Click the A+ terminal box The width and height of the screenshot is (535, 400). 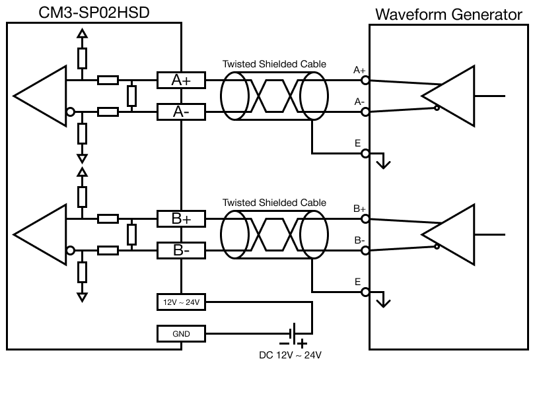pyautogui.click(x=180, y=81)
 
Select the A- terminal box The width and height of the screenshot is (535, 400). pyautogui.click(x=180, y=112)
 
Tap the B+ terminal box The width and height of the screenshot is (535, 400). pyautogui.click(x=180, y=218)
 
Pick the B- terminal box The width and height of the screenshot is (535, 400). pyautogui.click(x=180, y=250)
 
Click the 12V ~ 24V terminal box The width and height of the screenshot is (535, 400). pyautogui.click(x=180, y=302)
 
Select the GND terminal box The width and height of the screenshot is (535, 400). pyautogui.click(x=180, y=334)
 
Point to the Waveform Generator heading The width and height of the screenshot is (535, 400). pyautogui.click(x=448, y=15)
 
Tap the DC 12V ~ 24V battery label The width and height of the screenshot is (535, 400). pyautogui.click(x=290, y=355)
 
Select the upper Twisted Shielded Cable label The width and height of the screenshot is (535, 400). pyautogui.click(x=274, y=64)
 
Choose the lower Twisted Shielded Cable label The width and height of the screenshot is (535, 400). pyautogui.click(x=274, y=203)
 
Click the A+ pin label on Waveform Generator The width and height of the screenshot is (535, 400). pyautogui.click(x=360, y=70)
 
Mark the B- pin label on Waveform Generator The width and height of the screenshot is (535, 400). pyautogui.click(x=360, y=240)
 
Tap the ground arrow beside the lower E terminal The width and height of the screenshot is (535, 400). pyautogui.click(x=382, y=301)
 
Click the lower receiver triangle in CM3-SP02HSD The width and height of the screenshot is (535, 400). pyautogui.click(x=40, y=235)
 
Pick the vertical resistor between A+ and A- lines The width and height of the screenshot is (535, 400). pyautogui.click(x=131, y=96)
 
